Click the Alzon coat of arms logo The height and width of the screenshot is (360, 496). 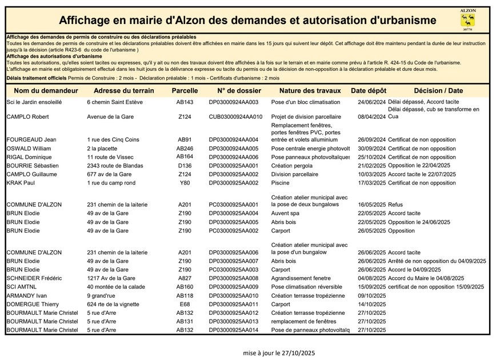(467, 20)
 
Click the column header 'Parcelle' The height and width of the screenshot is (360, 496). (185, 91)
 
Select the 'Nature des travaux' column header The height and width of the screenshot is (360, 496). (310, 91)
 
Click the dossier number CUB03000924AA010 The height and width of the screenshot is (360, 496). (235, 117)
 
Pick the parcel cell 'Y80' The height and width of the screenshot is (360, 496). (185, 183)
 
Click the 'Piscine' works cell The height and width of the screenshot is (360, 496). (281, 183)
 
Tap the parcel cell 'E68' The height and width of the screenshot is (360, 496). (185, 305)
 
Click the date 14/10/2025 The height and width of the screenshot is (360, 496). (372, 305)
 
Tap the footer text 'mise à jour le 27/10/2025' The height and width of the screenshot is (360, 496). (278, 353)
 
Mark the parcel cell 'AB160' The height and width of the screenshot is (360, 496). (185, 287)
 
